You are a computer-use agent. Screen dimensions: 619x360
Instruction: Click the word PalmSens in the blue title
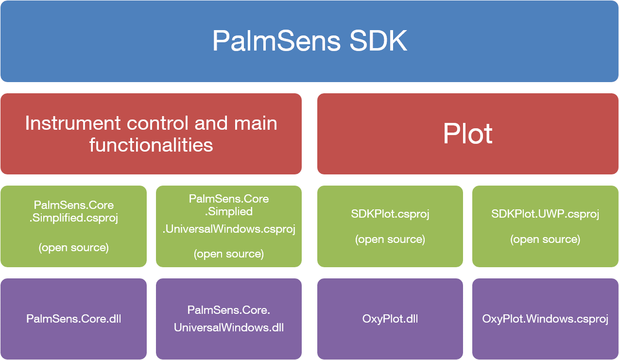click(276, 41)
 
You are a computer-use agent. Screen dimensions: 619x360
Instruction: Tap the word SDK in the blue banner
click(378, 40)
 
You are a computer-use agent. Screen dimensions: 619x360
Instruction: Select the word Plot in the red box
click(467, 134)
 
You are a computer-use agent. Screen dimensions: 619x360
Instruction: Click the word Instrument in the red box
click(73, 123)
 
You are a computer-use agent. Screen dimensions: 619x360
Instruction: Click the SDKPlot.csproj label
click(390, 214)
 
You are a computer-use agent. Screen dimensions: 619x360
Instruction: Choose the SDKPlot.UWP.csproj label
click(545, 214)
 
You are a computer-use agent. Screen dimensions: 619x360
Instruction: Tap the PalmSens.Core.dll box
click(73, 319)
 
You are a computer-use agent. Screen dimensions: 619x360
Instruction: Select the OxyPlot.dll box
click(390, 319)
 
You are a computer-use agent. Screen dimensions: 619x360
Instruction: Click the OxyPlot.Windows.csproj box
click(545, 319)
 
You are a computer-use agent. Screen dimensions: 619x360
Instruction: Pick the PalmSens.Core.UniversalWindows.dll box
click(229, 319)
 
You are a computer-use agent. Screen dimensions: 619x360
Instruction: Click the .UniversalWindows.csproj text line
click(229, 229)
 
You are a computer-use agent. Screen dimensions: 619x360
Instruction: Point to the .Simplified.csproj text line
click(74, 218)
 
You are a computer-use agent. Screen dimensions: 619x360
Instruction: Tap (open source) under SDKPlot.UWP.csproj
click(545, 239)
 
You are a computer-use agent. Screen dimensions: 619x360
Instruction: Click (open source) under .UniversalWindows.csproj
click(229, 254)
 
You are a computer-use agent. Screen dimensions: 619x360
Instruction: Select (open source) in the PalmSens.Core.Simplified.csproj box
click(73, 248)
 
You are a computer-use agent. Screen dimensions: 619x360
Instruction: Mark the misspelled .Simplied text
click(229, 212)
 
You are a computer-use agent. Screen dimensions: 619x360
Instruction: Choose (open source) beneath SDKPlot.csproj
click(390, 239)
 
